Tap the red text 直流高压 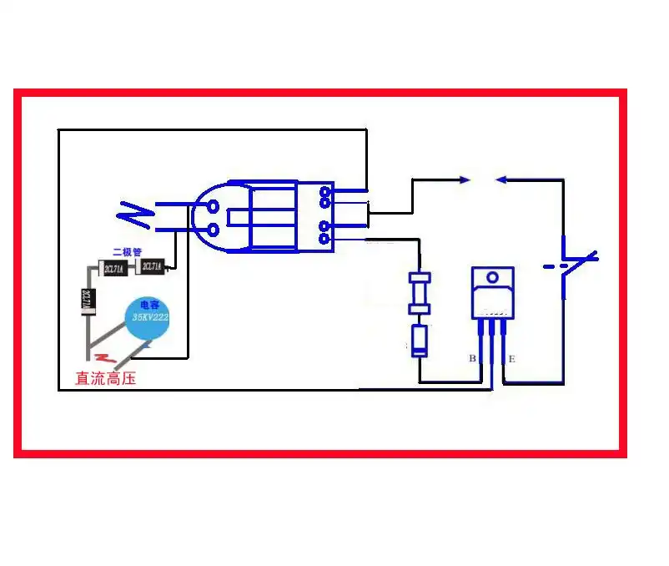[105, 378]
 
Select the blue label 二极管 [127, 251]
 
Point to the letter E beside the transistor [511, 359]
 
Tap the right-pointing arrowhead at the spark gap [465, 179]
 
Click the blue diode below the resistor [420, 340]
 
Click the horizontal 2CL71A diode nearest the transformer [152, 267]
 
